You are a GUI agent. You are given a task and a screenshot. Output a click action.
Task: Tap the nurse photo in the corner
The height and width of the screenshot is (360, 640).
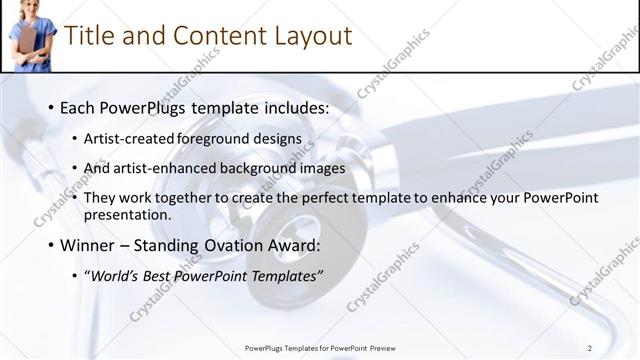(x=31, y=36)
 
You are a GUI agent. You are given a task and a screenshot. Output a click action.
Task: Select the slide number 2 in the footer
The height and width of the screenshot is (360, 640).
(x=590, y=347)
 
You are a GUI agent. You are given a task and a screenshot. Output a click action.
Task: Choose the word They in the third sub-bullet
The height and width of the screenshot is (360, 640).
(x=101, y=198)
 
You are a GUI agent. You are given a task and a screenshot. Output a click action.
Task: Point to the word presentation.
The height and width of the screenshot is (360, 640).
(x=127, y=214)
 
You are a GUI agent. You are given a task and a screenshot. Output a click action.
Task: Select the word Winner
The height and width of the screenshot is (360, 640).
(x=87, y=245)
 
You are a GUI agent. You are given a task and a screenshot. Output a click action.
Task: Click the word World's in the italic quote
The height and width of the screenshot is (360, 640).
(x=112, y=276)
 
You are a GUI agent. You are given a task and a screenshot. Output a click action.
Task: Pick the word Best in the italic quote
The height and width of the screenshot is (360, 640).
(x=159, y=276)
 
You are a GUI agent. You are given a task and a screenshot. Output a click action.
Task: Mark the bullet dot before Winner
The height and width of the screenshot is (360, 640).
(x=51, y=246)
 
